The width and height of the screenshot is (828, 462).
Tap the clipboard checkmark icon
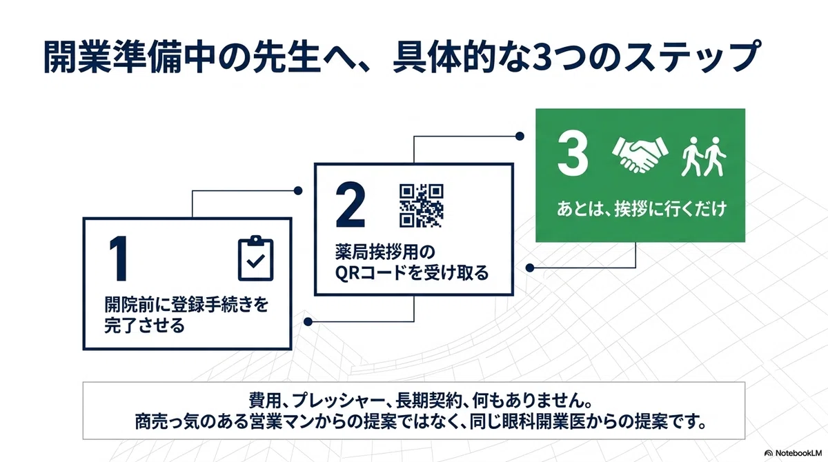(255, 258)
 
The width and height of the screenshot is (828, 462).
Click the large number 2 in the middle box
(351, 205)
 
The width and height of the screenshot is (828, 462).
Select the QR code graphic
(422, 205)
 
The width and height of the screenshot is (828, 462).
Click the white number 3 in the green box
(573, 153)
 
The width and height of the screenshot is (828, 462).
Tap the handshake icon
(640, 154)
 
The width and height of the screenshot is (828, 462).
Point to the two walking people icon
(703, 157)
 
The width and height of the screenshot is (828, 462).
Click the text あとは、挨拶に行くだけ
(642, 209)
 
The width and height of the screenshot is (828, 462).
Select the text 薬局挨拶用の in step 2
(385, 252)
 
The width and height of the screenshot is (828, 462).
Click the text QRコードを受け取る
(412, 273)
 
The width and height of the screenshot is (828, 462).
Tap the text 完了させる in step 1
(144, 325)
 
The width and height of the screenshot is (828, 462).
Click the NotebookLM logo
(793, 453)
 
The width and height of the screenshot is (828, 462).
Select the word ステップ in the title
(691, 57)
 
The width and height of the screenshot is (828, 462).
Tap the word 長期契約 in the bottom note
(428, 400)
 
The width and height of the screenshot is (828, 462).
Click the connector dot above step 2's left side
(298, 191)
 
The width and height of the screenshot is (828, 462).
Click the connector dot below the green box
(530, 268)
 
